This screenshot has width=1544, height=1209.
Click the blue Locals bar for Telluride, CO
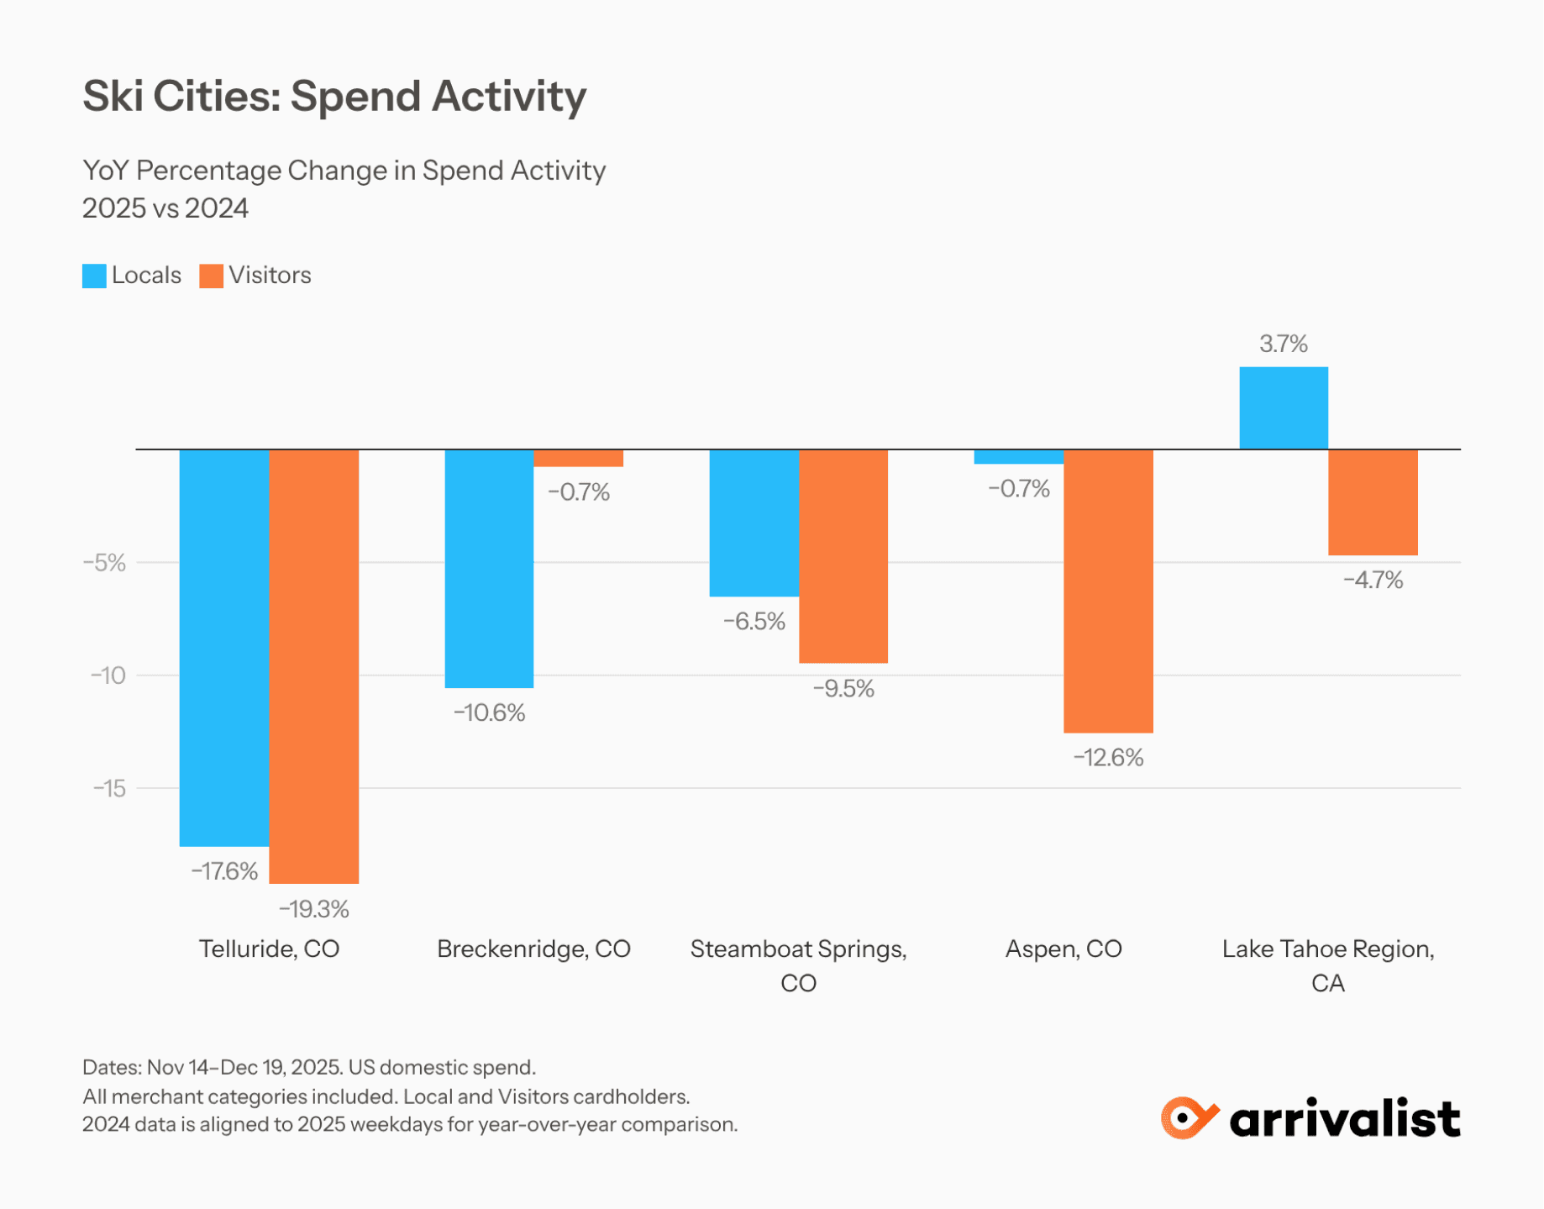(x=224, y=647)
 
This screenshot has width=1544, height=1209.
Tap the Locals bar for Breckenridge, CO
(x=489, y=568)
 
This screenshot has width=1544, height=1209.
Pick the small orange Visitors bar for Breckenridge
(x=579, y=458)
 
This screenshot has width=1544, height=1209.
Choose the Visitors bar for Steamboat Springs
(x=843, y=555)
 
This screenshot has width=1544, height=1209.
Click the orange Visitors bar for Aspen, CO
(x=1108, y=591)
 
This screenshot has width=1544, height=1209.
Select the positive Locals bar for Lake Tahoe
(x=1284, y=407)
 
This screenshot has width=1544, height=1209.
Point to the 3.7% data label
(x=1284, y=344)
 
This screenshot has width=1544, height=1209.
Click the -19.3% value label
(x=314, y=908)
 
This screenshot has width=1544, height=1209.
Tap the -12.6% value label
(x=1108, y=757)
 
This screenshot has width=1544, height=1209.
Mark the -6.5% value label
(x=754, y=621)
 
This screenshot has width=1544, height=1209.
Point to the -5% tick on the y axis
(x=104, y=562)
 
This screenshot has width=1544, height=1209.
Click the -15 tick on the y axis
(x=109, y=788)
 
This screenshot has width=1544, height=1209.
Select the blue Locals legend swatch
(x=94, y=276)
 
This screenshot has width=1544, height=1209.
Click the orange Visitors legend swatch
(x=212, y=276)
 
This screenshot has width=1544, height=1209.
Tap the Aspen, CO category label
(x=1063, y=949)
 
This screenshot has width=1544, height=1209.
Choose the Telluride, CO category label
(x=269, y=949)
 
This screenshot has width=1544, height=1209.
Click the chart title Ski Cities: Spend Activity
(x=334, y=96)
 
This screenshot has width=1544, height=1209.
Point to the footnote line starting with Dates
(x=309, y=1067)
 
